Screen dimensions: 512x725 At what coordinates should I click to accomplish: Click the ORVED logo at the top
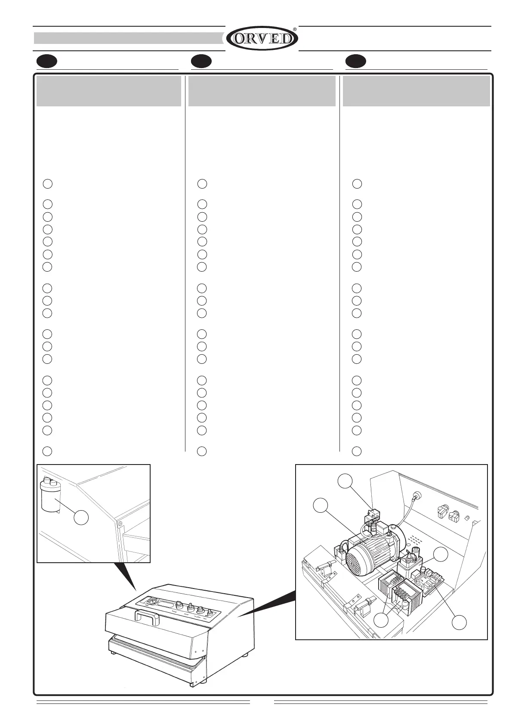click(x=262, y=39)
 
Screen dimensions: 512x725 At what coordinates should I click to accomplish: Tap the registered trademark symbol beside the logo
click(x=295, y=29)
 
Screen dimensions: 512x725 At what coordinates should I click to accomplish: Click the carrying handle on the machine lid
click(x=147, y=615)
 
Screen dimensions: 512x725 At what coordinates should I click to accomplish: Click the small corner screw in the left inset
click(x=120, y=524)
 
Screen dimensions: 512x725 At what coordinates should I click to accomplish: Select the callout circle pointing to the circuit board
click(x=460, y=622)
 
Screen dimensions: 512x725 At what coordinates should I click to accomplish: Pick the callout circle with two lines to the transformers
click(x=381, y=620)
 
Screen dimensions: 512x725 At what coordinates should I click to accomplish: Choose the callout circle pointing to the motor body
click(x=321, y=505)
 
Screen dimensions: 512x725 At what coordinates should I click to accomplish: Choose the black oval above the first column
click(x=46, y=62)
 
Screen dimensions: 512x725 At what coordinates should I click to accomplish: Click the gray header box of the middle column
click(x=262, y=91)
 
